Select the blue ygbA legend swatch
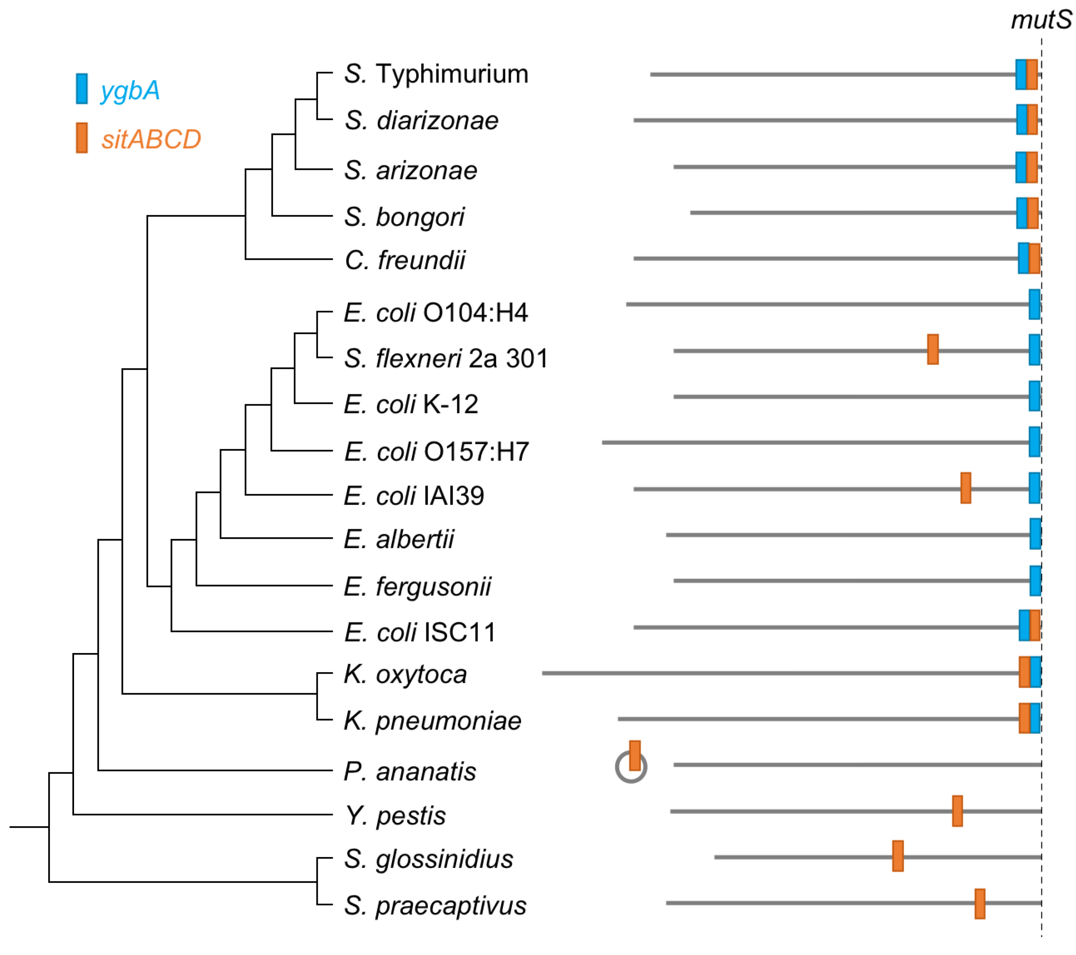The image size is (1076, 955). point(82,88)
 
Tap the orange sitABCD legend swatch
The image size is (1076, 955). point(82,138)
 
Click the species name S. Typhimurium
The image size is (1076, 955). point(436,74)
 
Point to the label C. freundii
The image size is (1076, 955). point(405,260)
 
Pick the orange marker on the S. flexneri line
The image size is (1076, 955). point(932,349)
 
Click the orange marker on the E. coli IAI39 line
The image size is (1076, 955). point(965,488)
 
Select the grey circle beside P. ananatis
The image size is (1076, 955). point(631,767)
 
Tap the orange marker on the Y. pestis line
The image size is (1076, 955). point(957,811)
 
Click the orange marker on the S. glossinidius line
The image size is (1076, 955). point(898,856)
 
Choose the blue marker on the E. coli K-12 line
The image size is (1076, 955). point(1035,396)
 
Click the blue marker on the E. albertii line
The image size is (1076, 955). point(1035,534)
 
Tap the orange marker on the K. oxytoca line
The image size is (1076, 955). point(1024,672)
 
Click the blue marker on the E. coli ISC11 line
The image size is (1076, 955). point(1024,626)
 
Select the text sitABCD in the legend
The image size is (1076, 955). point(151,139)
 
